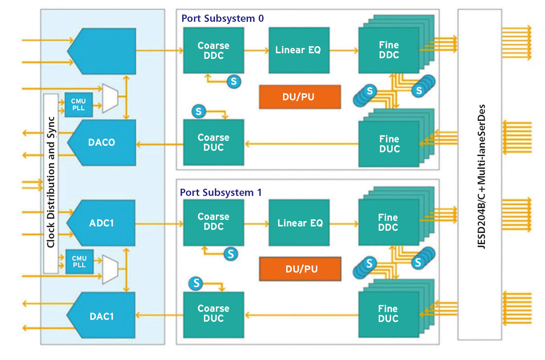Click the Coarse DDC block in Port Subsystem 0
[213, 50]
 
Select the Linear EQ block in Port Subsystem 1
[299, 222]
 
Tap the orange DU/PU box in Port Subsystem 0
[300, 97]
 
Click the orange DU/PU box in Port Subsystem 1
[300, 268]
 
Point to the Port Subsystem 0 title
[222, 19]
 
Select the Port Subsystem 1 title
[221, 192]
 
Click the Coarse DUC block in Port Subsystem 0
[213, 142]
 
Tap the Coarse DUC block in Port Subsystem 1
[213, 313]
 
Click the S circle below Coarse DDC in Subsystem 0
[234, 82]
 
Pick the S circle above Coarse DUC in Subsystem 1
[196, 283]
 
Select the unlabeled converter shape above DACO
[102, 51]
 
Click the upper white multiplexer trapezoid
[109, 98]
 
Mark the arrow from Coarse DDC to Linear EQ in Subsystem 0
[256, 50]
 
